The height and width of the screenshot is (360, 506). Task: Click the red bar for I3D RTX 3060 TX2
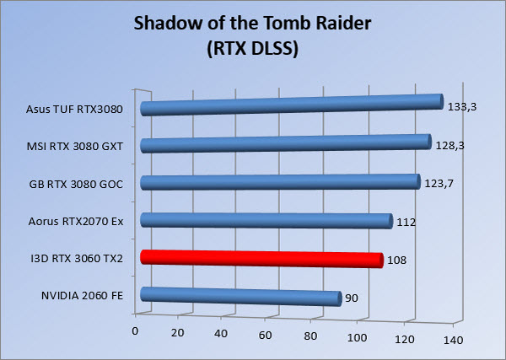pyautogui.click(x=262, y=259)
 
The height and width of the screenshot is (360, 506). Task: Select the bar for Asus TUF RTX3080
pyautogui.click(x=292, y=105)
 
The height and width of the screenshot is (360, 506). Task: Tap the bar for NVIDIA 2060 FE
pyautogui.click(x=240, y=296)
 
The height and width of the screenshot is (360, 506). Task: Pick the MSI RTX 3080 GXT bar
pyautogui.click(x=286, y=143)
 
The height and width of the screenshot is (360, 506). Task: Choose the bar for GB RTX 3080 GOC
pyautogui.click(x=281, y=182)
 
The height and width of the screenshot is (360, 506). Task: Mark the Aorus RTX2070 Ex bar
pyautogui.click(x=266, y=221)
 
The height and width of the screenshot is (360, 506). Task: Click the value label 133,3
pyautogui.click(x=462, y=107)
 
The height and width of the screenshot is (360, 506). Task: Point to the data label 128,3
pyautogui.click(x=449, y=146)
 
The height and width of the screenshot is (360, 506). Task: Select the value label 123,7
pyautogui.click(x=439, y=184)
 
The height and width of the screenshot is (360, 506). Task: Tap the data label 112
pyautogui.click(x=406, y=223)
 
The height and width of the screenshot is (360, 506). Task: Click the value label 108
pyautogui.click(x=396, y=260)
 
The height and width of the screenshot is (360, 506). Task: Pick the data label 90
pyautogui.click(x=352, y=298)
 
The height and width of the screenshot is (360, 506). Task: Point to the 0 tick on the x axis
pyautogui.click(x=135, y=331)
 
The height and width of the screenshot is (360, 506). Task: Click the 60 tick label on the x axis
pyautogui.click(x=265, y=336)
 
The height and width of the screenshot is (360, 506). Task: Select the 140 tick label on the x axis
pyautogui.click(x=453, y=340)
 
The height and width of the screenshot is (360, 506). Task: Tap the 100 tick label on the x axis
pyautogui.click(x=357, y=338)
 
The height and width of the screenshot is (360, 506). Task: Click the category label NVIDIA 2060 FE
pyautogui.click(x=83, y=295)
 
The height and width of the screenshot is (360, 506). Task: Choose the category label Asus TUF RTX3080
pyautogui.click(x=74, y=110)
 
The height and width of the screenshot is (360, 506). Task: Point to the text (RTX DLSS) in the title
pyautogui.click(x=253, y=49)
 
